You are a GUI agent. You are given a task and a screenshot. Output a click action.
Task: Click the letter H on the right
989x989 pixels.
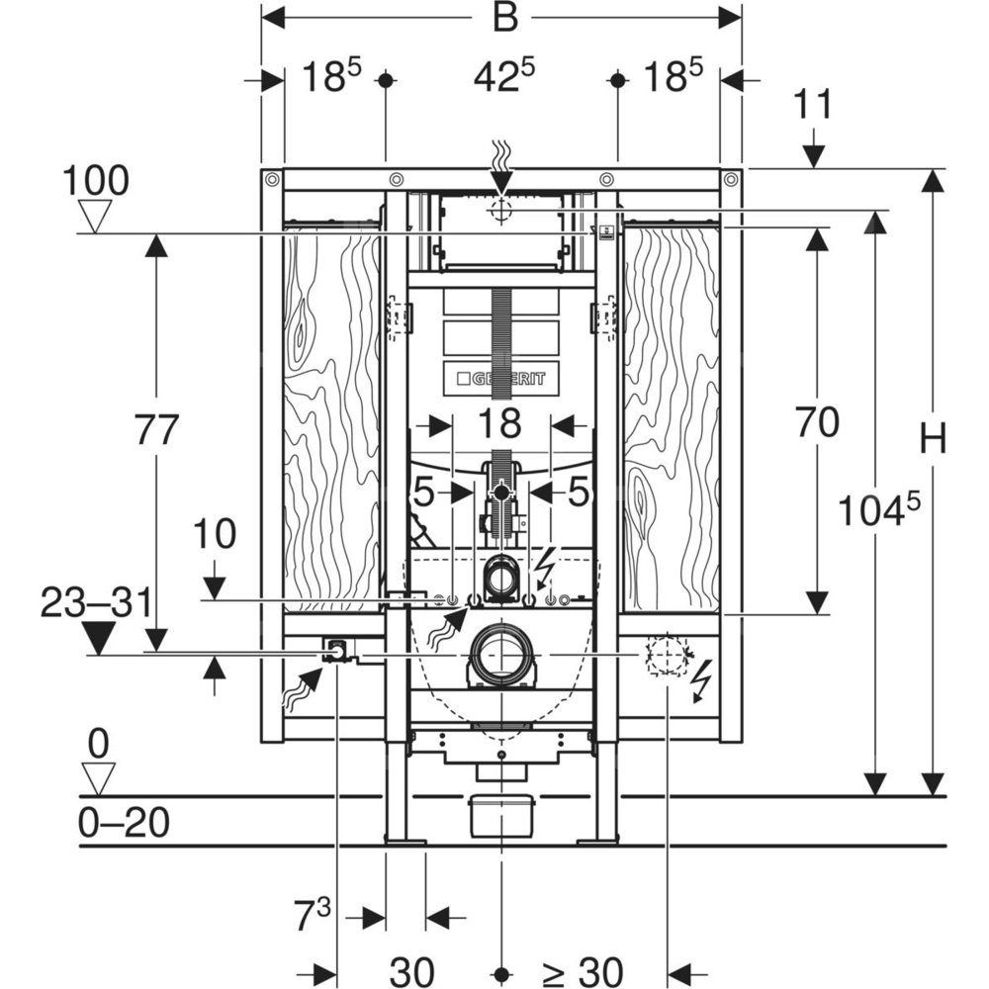[x=933, y=438]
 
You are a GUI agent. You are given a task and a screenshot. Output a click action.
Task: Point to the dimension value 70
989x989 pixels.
[x=817, y=423]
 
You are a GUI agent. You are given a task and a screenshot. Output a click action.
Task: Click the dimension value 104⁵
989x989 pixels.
[x=879, y=510]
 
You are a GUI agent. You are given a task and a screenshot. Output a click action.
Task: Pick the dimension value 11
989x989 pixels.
[x=814, y=105]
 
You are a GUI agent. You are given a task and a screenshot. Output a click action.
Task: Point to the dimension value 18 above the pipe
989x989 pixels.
[x=500, y=424]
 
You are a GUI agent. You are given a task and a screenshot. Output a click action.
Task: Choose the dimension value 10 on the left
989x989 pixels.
[x=216, y=534]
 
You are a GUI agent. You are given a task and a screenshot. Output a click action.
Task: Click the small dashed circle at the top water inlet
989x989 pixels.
[x=501, y=209]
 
